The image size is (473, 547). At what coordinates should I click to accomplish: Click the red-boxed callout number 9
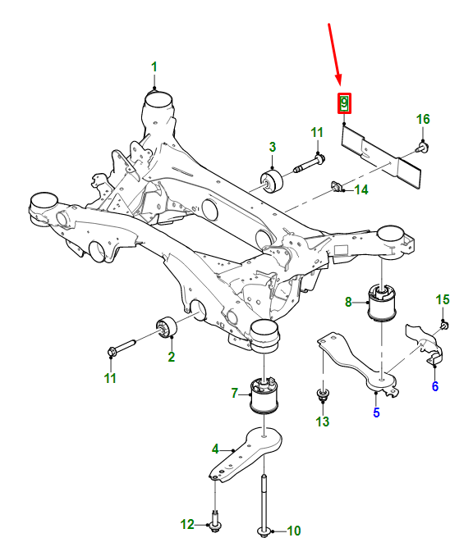[344, 103]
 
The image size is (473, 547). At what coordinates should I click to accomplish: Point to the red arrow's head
[339, 84]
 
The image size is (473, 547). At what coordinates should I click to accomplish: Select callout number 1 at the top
[154, 66]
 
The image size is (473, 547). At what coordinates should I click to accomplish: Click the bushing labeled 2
[168, 328]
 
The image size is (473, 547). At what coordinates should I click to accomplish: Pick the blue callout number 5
[376, 413]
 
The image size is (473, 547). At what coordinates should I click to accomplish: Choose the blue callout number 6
[434, 386]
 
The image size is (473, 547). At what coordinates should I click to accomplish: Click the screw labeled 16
[422, 148]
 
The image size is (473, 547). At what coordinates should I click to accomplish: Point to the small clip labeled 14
[337, 188]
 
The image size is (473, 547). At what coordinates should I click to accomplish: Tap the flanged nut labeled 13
[322, 399]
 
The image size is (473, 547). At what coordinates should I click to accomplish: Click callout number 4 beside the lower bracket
[215, 449]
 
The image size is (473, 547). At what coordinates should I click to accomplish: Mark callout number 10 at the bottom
[293, 531]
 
